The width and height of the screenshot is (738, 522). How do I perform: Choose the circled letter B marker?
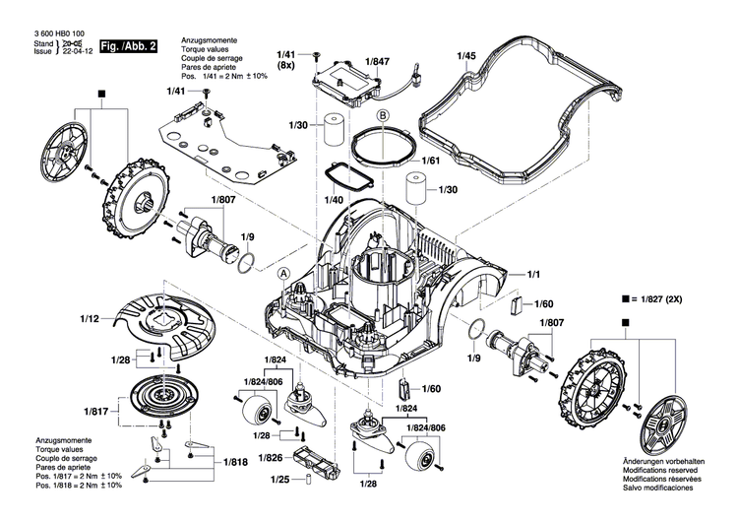385,115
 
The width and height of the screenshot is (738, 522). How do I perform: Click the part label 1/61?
430,161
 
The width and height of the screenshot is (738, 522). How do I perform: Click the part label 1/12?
90,318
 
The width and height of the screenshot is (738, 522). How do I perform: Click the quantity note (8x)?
285,66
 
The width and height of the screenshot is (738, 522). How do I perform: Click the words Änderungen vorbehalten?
666,463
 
